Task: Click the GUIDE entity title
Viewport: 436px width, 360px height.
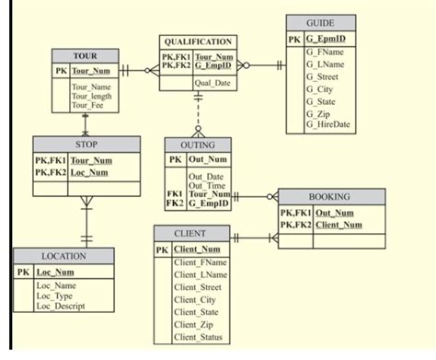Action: (x=321, y=22)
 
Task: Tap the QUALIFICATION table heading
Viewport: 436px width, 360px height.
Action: (x=198, y=42)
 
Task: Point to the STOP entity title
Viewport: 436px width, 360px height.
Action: (x=87, y=145)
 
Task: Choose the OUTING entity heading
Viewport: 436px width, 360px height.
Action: (x=198, y=145)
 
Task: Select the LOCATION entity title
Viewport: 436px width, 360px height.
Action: (x=63, y=256)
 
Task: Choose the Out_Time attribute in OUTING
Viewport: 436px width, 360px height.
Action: (x=207, y=185)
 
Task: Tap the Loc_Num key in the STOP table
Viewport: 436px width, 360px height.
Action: (x=89, y=172)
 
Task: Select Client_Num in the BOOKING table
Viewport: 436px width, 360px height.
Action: (x=338, y=224)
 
